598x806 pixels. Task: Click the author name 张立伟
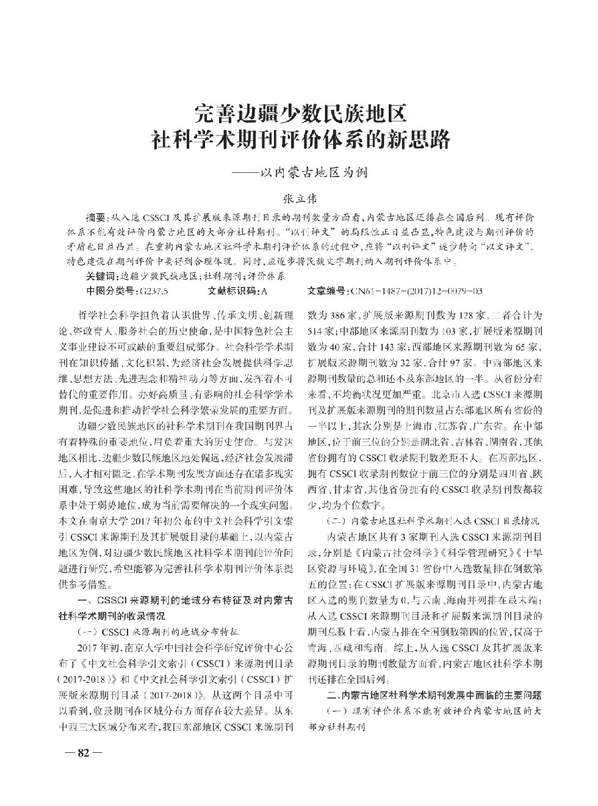[x=299, y=198]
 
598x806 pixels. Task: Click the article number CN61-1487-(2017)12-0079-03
[x=415, y=291]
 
